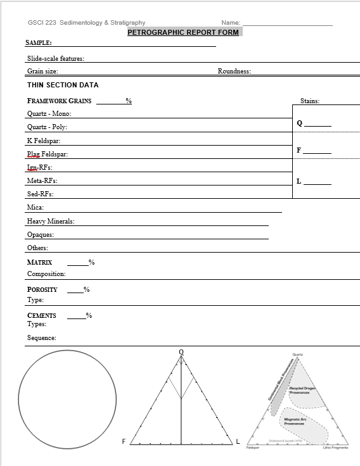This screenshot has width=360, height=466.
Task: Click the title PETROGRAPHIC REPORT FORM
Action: pyautogui.click(x=183, y=32)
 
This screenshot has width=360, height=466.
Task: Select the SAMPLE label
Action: pyautogui.click(x=38, y=42)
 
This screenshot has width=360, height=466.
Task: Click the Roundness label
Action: pyautogui.click(x=234, y=72)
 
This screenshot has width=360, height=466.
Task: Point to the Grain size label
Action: pyautogui.click(x=42, y=72)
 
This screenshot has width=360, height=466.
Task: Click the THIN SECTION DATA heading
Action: pyautogui.click(x=63, y=85)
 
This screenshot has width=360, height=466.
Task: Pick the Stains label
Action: pyautogui.click(x=310, y=101)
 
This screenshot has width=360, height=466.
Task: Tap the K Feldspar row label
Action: pyautogui.click(x=44, y=141)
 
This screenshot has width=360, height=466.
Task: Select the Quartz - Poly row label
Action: pyautogui.click(x=47, y=127)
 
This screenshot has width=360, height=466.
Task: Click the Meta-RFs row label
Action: pyautogui.click(x=41, y=181)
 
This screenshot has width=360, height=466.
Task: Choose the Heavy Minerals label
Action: pyautogui.click(x=51, y=222)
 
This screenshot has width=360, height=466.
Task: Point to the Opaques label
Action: pyautogui.click(x=41, y=235)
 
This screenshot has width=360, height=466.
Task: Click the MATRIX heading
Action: pyautogui.click(x=39, y=262)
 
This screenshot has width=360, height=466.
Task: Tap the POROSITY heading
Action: pyautogui.click(x=42, y=289)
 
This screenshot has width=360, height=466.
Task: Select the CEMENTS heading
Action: pyautogui.click(x=41, y=315)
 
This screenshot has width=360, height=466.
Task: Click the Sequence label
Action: pyautogui.click(x=41, y=338)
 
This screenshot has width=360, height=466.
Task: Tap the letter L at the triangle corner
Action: pyautogui.click(x=238, y=441)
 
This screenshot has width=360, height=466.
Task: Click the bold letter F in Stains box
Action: pyautogui.click(x=299, y=150)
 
